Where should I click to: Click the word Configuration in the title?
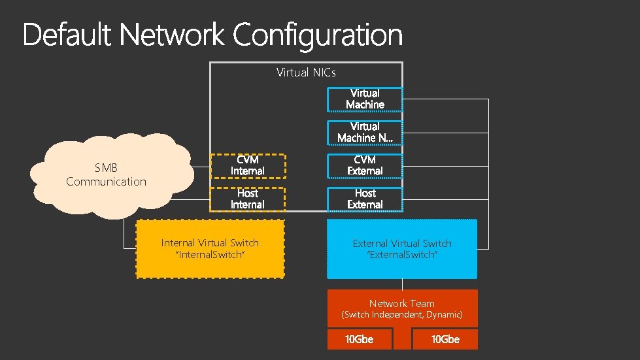[x=318, y=35]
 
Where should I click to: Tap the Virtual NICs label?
[x=306, y=72]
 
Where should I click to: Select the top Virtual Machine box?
[x=365, y=99]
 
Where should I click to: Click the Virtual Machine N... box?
[x=365, y=132]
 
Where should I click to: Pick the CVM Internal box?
[x=247, y=165]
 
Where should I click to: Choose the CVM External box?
[x=365, y=165]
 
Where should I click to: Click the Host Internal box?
[x=247, y=199]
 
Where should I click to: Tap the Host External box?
[x=365, y=199]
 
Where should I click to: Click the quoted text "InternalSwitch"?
[x=211, y=255]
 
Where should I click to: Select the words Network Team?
[x=401, y=303]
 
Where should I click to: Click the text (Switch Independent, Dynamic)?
[x=402, y=315]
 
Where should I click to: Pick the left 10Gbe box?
[x=360, y=339]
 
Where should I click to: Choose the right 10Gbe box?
[x=445, y=339]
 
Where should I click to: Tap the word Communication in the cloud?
[x=106, y=182]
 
